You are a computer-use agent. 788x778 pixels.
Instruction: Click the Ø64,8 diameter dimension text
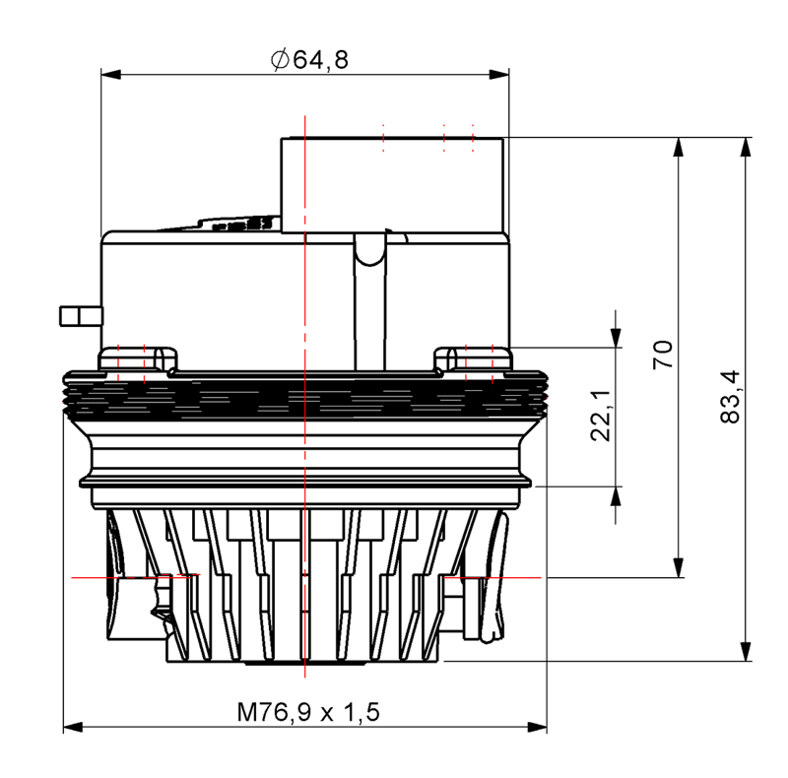pos(309,60)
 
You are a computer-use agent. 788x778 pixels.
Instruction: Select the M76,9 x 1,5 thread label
pos(308,712)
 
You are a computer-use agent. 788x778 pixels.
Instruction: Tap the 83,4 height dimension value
pos(730,397)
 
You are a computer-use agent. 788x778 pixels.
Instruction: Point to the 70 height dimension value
pos(663,355)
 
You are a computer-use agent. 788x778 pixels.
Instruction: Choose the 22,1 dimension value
pos(601,416)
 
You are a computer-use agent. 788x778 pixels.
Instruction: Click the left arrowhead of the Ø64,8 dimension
pos(111,75)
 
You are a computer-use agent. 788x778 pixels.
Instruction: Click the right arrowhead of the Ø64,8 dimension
pos(499,75)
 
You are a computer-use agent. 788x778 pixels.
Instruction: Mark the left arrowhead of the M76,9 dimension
pos(73,727)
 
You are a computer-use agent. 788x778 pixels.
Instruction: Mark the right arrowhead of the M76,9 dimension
pos(537,727)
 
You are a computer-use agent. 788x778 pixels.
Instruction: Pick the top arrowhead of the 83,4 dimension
pos(746,148)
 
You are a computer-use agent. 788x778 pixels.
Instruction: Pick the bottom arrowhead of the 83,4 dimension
pos(746,651)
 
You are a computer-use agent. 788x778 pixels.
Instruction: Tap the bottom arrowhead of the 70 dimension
pos(679,568)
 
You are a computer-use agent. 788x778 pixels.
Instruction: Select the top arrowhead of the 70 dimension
pos(679,148)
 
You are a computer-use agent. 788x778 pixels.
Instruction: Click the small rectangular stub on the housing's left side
pos(82,316)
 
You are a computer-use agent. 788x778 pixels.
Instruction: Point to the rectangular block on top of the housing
pos(392,185)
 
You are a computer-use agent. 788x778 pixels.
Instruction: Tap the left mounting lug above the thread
pos(138,358)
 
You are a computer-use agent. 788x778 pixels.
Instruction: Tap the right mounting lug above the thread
pos(473,358)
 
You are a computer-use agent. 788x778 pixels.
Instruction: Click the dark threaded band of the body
pos(305,396)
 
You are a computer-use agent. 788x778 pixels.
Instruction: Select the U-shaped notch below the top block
pos(370,250)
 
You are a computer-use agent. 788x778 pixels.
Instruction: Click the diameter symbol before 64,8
pos(280,60)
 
